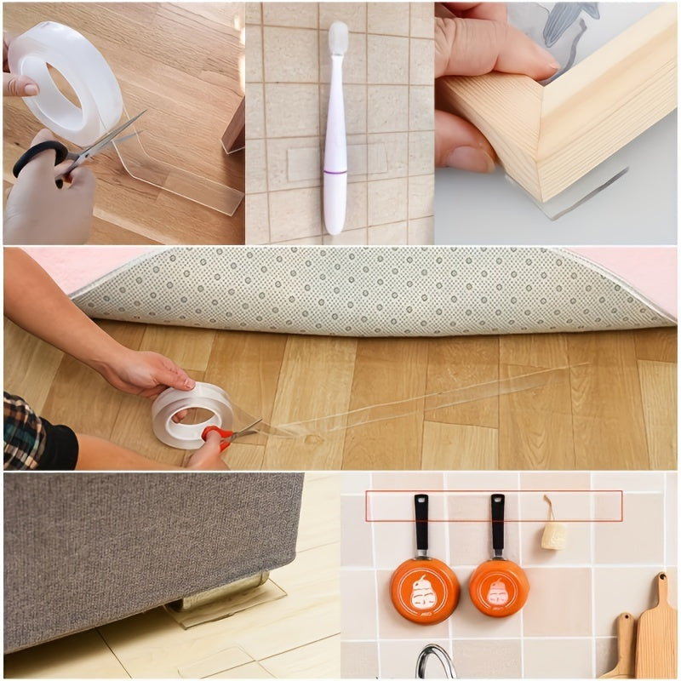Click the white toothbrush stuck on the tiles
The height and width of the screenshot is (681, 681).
click(336, 136)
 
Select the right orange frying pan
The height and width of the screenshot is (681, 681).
click(499, 587)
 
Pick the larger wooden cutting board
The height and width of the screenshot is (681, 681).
click(656, 630)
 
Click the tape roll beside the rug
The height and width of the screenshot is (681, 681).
click(192, 415)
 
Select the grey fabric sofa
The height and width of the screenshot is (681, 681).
click(145, 545)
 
